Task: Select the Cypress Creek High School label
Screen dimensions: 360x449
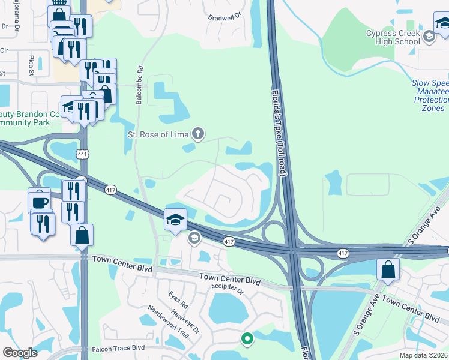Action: pyautogui.click(x=393, y=38)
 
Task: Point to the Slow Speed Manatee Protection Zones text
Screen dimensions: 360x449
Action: pyautogui.click(x=430, y=95)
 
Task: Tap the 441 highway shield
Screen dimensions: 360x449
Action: pyautogui.click(x=82, y=155)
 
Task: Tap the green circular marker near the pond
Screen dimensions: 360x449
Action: pyautogui.click(x=247, y=340)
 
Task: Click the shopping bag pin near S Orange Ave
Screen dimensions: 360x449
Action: pyautogui.click(x=388, y=269)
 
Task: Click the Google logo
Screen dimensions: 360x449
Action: pyautogui.click(x=20, y=353)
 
